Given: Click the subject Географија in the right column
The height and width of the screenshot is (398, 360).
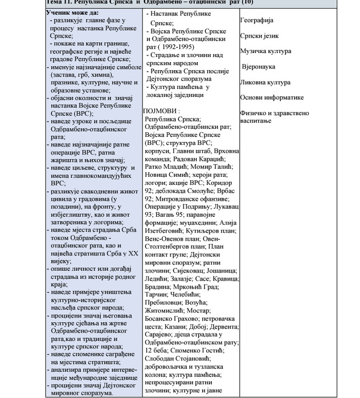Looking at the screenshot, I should coord(260,20).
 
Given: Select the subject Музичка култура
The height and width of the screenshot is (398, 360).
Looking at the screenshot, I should coord(265,51).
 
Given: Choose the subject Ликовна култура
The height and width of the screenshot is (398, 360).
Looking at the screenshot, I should coord(266,82).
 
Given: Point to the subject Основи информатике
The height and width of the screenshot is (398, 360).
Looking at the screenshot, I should coord(272,98).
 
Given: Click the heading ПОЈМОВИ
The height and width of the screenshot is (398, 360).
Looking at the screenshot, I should coord(162,111).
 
